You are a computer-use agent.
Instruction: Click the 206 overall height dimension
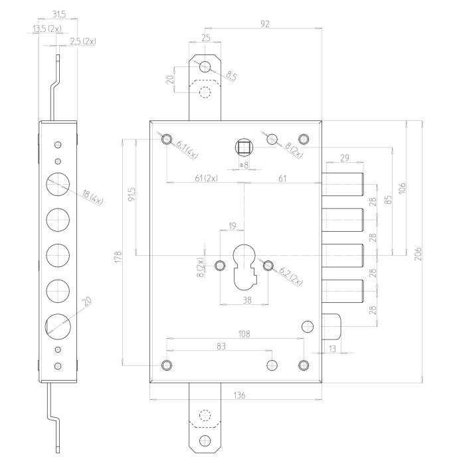pyautogui.click(x=418, y=253)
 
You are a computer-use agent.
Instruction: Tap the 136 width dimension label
pyautogui.click(x=239, y=395)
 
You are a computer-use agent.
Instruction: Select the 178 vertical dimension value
pyautogui.click(x=118, y=256)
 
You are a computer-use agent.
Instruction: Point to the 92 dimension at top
pyautogui.click(x=265, y=24)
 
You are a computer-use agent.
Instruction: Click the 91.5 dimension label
pyautogui.click(x=132, y=194)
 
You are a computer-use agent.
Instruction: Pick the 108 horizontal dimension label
pyautogui.click(x=244, y=334)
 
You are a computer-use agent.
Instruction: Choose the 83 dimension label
pyautogui.click(x=221, y=346)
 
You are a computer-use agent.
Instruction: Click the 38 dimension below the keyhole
pyautogui.click(x=246, y=300)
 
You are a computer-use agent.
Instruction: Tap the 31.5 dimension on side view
pyautogui.click(x=59, y=14)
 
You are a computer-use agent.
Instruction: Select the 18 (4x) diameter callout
pyautogui.click(x=92, y=198)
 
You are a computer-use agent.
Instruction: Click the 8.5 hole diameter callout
pyautogui.click(x=231, y=76)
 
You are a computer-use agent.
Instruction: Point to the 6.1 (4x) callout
pyautogui.click(x=187, y=149)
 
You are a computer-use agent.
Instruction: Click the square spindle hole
pyautogui.click(x=244, y=147)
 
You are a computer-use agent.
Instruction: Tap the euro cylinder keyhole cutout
pyautogui.click(x=244, y=267)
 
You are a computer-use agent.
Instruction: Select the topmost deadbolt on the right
pyautogui.click(x=343, y=184)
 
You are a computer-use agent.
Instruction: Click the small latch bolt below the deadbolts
pyautogui.click(x=331, y=327)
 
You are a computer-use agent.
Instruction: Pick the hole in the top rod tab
pyautogui.click(x=205, y=66)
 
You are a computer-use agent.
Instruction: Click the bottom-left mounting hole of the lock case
pyautogui.click(x=167, y=365)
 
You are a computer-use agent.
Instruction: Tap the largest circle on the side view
pyautogui.click(x=58, y=327)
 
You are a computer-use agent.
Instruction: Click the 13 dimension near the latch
pyautogui.click(x=332, y=349)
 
